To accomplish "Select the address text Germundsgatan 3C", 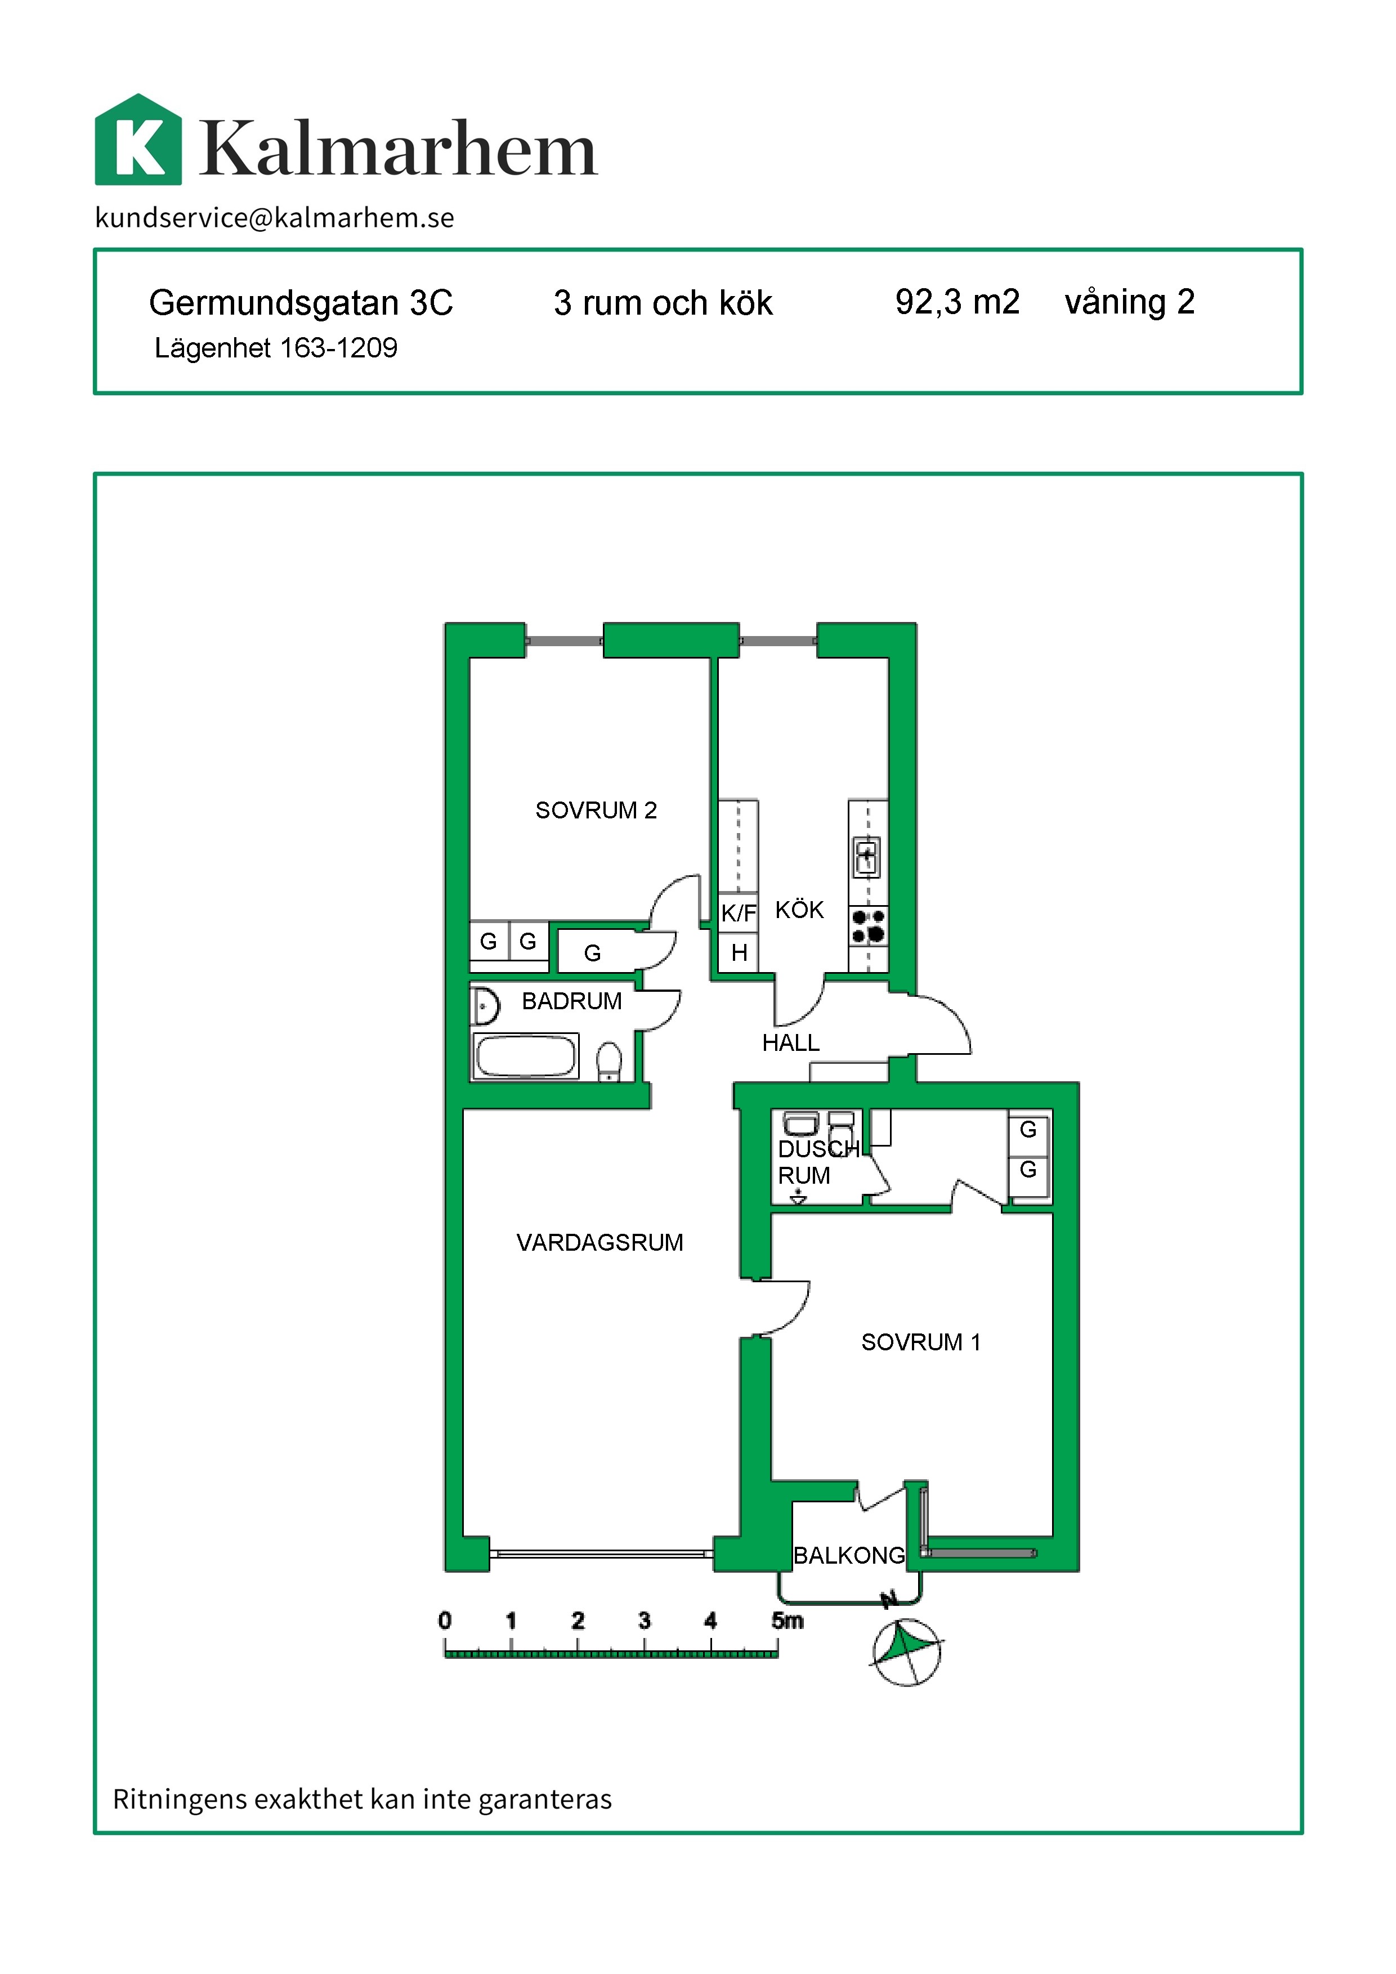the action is pos(301,303).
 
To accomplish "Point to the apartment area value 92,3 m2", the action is pos(957,302).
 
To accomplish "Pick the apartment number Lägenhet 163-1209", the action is pos(276,348).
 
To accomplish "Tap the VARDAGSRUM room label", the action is pos(600,1242).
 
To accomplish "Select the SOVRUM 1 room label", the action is pos(921,1342).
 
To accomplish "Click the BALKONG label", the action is pos(848,1555).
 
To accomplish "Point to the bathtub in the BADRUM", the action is pos(525,1056).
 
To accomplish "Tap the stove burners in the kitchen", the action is pos(868,926).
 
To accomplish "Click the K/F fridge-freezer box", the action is pos(739,913).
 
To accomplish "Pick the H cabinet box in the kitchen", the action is pos(739,952).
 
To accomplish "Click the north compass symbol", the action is pos(907,1651).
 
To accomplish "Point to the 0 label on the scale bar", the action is pos(445,1621).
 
